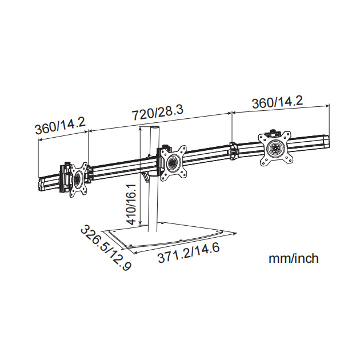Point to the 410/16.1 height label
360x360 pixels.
pyautogui.click(x=132, y=204)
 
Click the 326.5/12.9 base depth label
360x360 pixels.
pyautogui.click(x=106, y=248)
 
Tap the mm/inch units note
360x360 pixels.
pyautogui.click(x=294, y=258)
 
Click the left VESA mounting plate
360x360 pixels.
pyautogui.click(x=78, y=179)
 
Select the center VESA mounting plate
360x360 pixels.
pyautogui.click(x=173, y=163)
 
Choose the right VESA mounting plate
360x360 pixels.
pyautogui.click(x=274, y=149)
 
